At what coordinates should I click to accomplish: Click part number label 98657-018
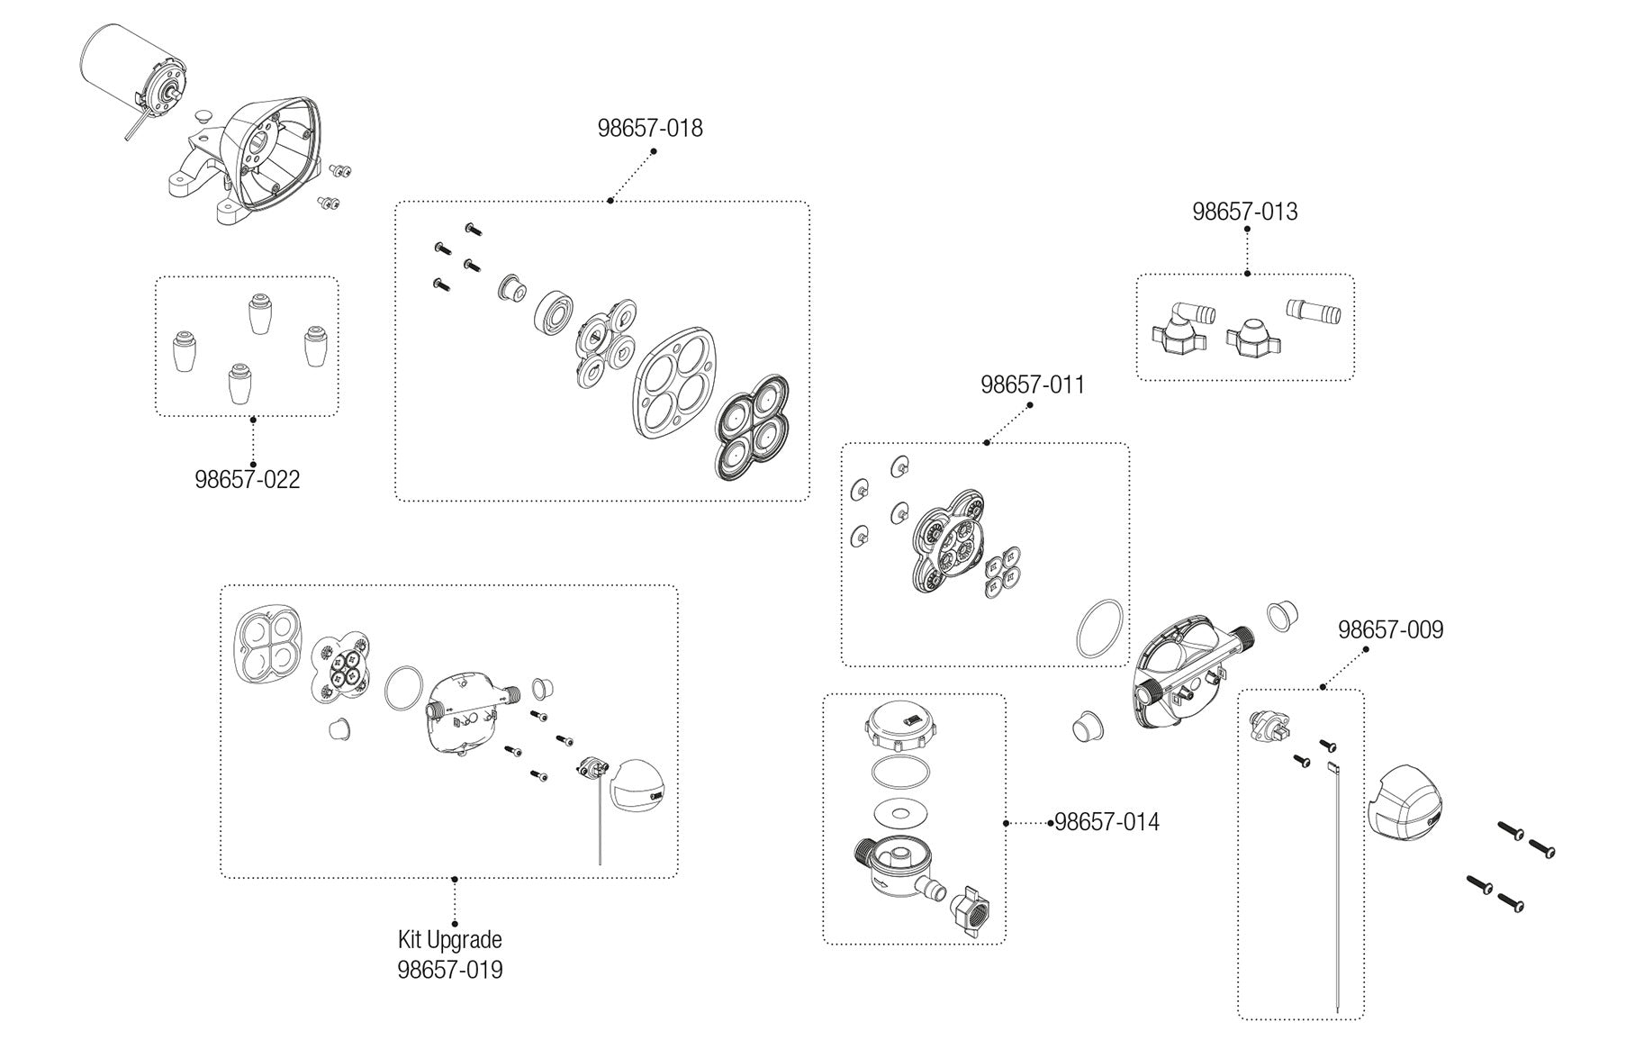(x=650, y=128)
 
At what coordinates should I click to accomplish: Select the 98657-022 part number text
(x=248, y=479)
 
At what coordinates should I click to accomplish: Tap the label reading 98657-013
(x=1245, y=212)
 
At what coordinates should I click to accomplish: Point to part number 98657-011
(x=1033, y=384)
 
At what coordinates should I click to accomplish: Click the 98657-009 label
(x=1390, y=629)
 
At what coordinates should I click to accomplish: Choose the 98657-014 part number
(x=1107, y=822)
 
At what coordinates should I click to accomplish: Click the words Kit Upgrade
(x=449, y=940)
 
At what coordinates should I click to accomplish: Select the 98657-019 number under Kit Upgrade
(x=449, y=970)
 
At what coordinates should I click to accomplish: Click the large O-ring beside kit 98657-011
(x=1100, y=628)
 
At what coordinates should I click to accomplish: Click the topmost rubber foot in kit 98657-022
(x=260, y=314)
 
